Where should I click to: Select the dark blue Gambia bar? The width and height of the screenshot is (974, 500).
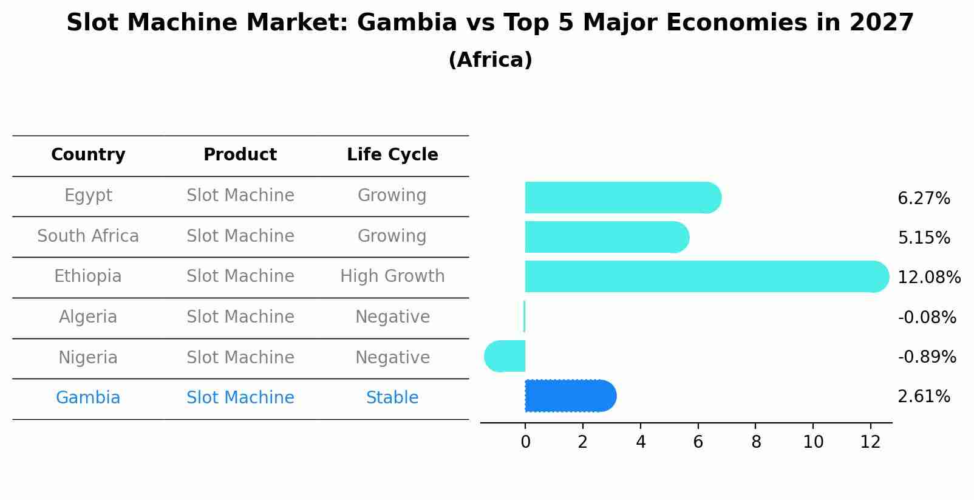point(570,396)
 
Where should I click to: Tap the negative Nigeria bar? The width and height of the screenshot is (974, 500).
point(505,356)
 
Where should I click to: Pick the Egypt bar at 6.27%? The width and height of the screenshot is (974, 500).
point(622,197)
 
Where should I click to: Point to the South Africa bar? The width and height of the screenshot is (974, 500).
point(606,237)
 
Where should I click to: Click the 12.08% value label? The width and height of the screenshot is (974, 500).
point(928,278)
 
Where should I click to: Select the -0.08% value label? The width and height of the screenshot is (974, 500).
point(927,317)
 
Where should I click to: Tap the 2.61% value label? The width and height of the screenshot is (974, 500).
point(924,397)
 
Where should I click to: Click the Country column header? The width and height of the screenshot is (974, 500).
point(88,155)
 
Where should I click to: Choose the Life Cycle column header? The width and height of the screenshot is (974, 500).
point(392,155)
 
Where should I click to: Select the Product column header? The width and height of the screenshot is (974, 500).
point(240,155)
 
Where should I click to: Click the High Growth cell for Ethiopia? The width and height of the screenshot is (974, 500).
point(392,276)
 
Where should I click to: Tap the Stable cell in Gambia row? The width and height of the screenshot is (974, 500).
point(392,398)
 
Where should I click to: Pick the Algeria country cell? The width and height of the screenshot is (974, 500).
point(88,317)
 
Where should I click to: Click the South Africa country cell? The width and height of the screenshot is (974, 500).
point(88,236)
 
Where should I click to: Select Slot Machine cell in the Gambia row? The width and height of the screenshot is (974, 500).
point(240,398)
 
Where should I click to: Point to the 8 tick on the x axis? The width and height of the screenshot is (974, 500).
point(755,442)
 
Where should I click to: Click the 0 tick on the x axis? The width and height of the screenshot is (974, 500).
point(525,442)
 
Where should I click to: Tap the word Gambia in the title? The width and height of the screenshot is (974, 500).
point(406,23)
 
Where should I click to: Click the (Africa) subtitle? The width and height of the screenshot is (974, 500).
point(490,60)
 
